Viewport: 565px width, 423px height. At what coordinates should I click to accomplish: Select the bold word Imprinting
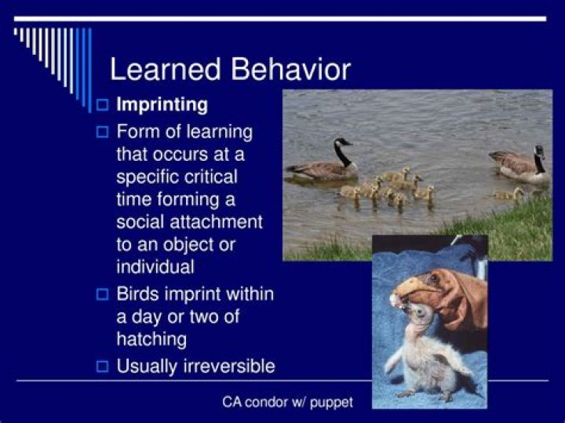tap(162, 104)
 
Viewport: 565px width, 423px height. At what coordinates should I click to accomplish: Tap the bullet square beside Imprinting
tap(101, 104)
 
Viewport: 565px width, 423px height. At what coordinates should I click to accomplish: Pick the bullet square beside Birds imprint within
tap(101, 295)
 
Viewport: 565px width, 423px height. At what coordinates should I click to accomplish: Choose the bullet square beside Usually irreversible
tap(101, 366)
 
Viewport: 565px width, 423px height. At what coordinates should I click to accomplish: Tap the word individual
tap(155, 267)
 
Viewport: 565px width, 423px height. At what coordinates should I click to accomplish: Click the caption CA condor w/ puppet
tap(287, 402)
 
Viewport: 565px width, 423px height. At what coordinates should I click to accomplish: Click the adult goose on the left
tap(322, 166)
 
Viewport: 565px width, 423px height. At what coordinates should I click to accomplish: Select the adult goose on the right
tap(518, 167)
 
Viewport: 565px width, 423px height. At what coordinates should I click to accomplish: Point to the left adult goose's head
tap(341, 143)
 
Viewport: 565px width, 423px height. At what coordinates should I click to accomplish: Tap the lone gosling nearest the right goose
tap(509, 193)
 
